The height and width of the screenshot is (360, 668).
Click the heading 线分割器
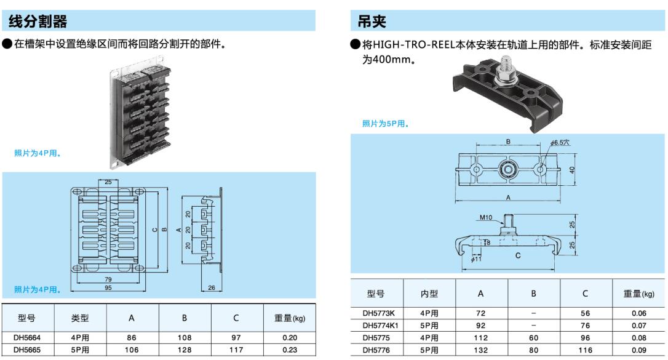pos(38,22)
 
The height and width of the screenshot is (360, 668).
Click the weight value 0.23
pos(289,349)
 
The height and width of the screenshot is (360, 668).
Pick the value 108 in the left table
pos(185,338)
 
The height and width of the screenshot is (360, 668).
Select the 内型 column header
pos(429,294)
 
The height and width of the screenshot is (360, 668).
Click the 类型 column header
pos(80,318)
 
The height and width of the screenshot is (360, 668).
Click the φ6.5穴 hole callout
pos(560,143)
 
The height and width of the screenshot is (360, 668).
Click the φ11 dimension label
pos(476,260)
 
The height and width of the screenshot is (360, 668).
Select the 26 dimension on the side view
pos(212,288)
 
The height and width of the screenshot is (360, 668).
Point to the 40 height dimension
pos(571,170)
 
